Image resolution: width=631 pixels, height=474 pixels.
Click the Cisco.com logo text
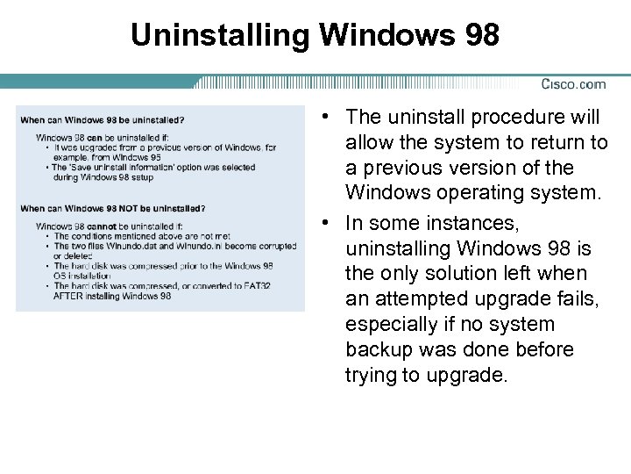(572, 84)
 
